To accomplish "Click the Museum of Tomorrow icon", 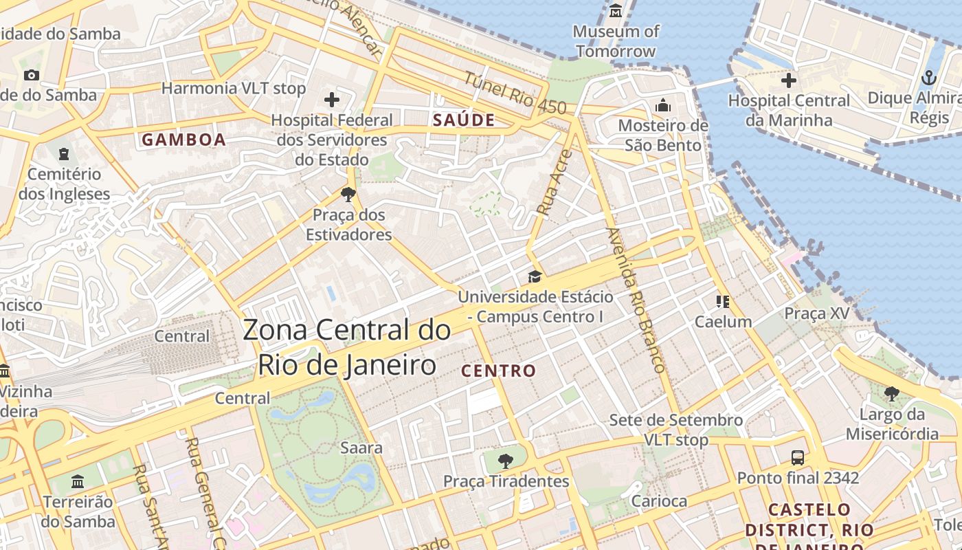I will tap(615, 11).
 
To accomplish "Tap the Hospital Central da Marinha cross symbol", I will tap(789, 80).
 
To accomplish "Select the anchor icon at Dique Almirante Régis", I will tap(928, 77).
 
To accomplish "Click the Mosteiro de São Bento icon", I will tap(663, 105).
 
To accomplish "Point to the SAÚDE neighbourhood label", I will tap(464, 120).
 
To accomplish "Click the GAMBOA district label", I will tap(183, 140).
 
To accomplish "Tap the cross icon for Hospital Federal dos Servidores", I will tap(332, 100).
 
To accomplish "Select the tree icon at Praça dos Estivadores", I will tap(348, 194).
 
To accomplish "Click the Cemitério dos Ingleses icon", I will tap(64, 153).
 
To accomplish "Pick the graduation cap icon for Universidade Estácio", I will tap(535, 276).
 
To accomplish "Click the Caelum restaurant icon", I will tap(722, 301).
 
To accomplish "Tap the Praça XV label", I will tap(817, 313).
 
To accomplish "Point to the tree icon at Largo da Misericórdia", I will tap(892, 394).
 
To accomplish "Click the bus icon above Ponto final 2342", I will tap(798, 457).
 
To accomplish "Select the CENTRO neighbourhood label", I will tap(498, 371).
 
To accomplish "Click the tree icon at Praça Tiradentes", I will tap(506, 461).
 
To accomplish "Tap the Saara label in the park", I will tap(361, 448).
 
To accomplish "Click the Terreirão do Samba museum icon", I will tap(78, 481).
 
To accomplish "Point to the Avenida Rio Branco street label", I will tap(636, 300).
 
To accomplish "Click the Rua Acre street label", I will tap(551, 183).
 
